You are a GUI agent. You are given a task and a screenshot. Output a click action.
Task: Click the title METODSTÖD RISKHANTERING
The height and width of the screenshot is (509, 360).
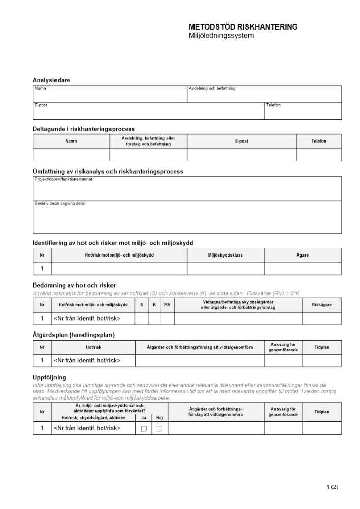[x=243, y=27]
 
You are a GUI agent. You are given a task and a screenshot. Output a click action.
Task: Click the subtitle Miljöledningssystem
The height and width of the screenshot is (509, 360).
[x=221, y=36]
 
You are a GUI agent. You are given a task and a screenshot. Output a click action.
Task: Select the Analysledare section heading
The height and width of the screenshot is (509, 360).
[x=51, y=80]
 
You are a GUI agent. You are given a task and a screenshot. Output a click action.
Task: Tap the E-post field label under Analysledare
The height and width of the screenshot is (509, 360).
[x=41, y=105]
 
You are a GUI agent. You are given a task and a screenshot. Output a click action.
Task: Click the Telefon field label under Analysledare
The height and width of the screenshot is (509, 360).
[x=273, y=105]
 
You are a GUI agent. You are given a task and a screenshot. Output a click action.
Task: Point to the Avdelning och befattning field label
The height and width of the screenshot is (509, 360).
[x=212, y=88]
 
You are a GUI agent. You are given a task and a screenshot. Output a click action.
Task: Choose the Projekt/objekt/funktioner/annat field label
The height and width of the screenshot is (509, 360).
[x=63, y=179]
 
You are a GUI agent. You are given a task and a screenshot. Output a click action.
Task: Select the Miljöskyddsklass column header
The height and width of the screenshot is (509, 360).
[x=225, y=255]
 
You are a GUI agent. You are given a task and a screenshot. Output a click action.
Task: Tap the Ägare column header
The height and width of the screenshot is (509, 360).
[x=302, y=255]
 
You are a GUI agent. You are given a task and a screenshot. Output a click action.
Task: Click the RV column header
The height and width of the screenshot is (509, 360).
[x=167, y=305]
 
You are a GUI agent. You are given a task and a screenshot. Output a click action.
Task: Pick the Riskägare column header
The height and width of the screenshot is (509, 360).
[x=322, y=305]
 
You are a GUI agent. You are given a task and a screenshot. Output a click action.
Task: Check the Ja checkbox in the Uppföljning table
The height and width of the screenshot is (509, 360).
[x=143, y=429]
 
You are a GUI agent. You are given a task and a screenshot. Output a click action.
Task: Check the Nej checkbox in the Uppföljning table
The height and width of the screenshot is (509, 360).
[x=159, y=429]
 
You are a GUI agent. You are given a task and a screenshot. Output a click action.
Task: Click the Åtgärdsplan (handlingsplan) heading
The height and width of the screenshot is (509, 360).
[x=73, y=335]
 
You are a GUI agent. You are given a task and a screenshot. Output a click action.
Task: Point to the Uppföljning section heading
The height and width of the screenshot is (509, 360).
[x=49, y=377]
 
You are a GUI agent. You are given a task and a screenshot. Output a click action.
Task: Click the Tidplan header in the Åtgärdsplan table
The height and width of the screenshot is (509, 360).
[x=322, y=347]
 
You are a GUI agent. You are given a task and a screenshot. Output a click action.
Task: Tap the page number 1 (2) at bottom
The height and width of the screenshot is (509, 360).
[x=332, y=487]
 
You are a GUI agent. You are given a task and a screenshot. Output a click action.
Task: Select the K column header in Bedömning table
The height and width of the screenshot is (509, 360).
[x=154, y=305]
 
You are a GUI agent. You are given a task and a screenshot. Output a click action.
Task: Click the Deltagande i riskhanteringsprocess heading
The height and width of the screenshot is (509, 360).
[x=84, y=129]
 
